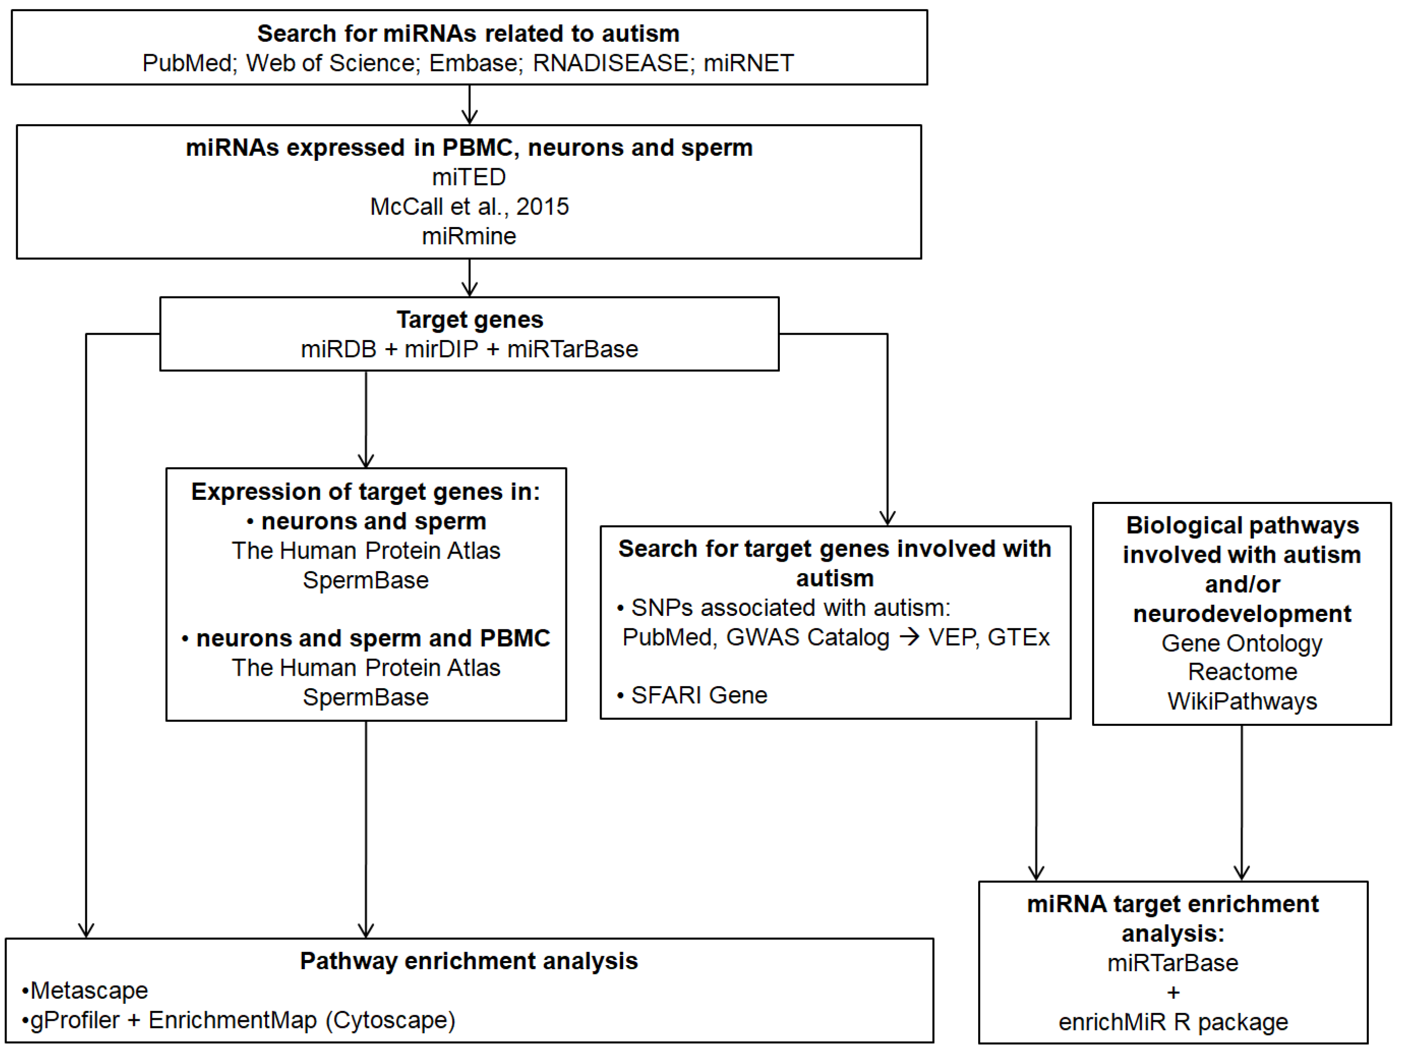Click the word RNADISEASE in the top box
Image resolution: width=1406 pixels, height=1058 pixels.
[610, 63]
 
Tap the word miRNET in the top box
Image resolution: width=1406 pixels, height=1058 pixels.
[748, 63]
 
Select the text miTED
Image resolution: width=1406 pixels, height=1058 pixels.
[469, 177]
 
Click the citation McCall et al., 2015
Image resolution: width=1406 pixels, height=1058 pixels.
[469, 206]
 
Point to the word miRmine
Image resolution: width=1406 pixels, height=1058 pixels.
[469, 236]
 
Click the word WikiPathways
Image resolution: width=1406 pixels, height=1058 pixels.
[1242, 701]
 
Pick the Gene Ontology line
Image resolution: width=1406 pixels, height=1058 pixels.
[1242, 643]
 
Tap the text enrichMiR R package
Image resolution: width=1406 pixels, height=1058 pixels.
[1173, 1022]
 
